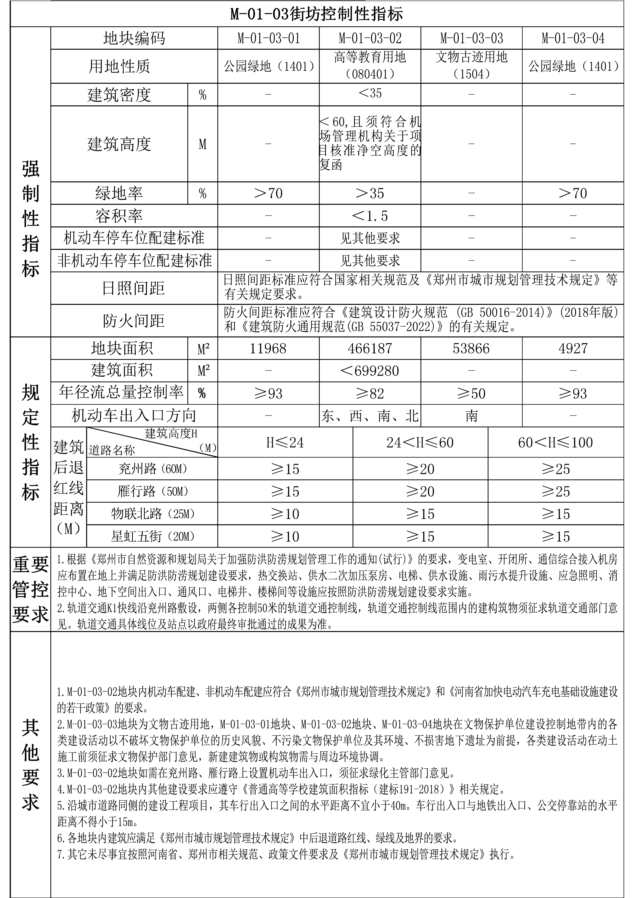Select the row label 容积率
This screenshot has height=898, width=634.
point(119,216)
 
